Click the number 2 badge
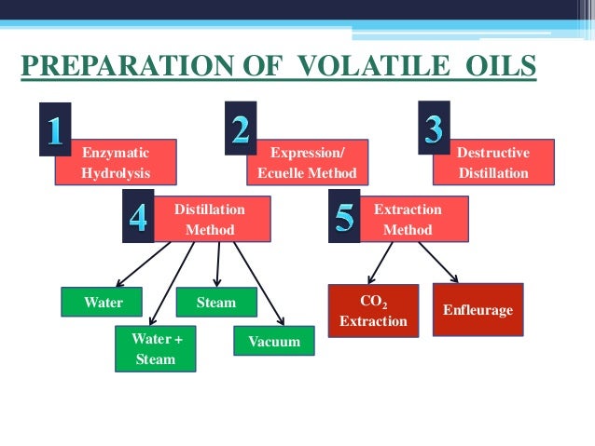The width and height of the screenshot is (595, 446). (242, 128)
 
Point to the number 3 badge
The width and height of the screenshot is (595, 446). (433, 128)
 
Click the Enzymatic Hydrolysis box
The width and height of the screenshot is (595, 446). (116, 162)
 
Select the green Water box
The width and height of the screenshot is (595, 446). (104, 303)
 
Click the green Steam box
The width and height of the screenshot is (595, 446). (216, 303)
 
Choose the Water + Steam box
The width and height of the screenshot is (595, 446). (156, 349)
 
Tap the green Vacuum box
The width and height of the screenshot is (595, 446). (274, 342)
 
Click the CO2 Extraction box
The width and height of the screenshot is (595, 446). (373, 312)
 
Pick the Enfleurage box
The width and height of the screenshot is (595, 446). (477, 309)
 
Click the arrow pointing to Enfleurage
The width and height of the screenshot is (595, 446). (439, 263)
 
